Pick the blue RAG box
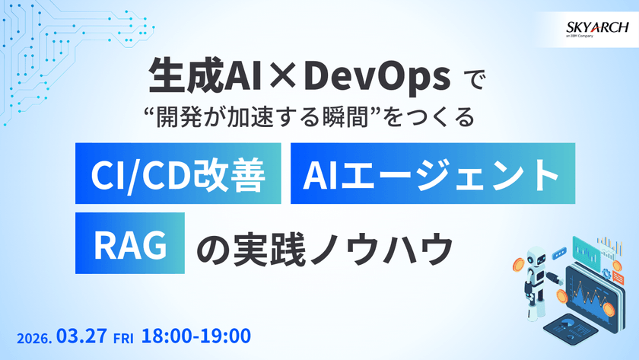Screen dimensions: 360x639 click(x=129, y=246)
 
